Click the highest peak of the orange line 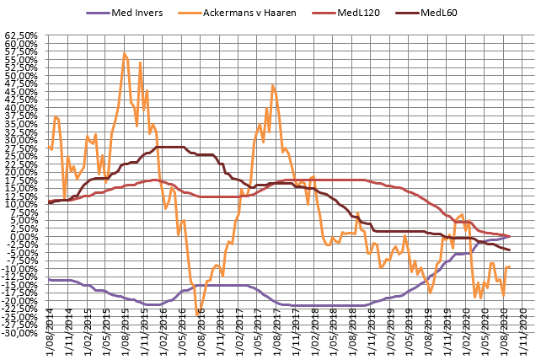[x=124, y=53]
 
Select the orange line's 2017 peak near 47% [x=273, y=84]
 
